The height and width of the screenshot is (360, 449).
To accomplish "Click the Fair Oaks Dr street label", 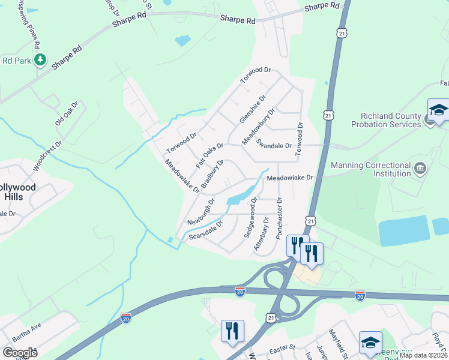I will pyautogui.click(x=209, y=154).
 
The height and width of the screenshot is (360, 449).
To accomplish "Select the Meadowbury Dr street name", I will pyautogui.click(x=258, y=125).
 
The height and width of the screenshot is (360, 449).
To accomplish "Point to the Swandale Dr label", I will pyautogui.click(x=274, y=144).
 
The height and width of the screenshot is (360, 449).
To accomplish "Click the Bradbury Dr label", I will pyautogui.click(x=212, y=174).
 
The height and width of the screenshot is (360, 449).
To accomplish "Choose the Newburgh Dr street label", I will pyautogui.click(x=201, y=212).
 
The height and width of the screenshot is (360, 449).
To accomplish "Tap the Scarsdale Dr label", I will pyautogui.click(x=206, y=230).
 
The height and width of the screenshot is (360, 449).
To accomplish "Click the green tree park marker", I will pyautogui.click(x=40, y=59).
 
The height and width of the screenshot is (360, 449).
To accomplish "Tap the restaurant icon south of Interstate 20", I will pyautogui.click(x=232, y=331).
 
